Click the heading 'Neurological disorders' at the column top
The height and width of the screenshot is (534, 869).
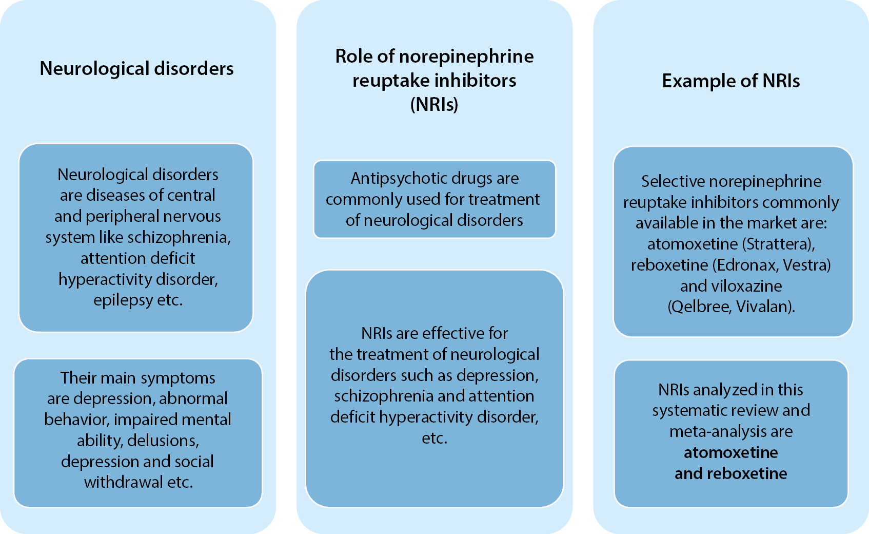(x=136, y=68)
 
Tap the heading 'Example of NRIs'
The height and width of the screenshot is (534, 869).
(x=730, y=81)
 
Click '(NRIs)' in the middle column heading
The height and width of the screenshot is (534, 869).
(x=434, y=104)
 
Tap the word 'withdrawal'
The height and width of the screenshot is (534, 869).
(x=123, y=482)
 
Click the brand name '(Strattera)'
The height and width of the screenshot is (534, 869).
(x=781, y=244)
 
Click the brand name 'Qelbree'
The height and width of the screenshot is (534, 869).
(x=700, y=307)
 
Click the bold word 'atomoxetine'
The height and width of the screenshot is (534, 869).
(x=730, y=452)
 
